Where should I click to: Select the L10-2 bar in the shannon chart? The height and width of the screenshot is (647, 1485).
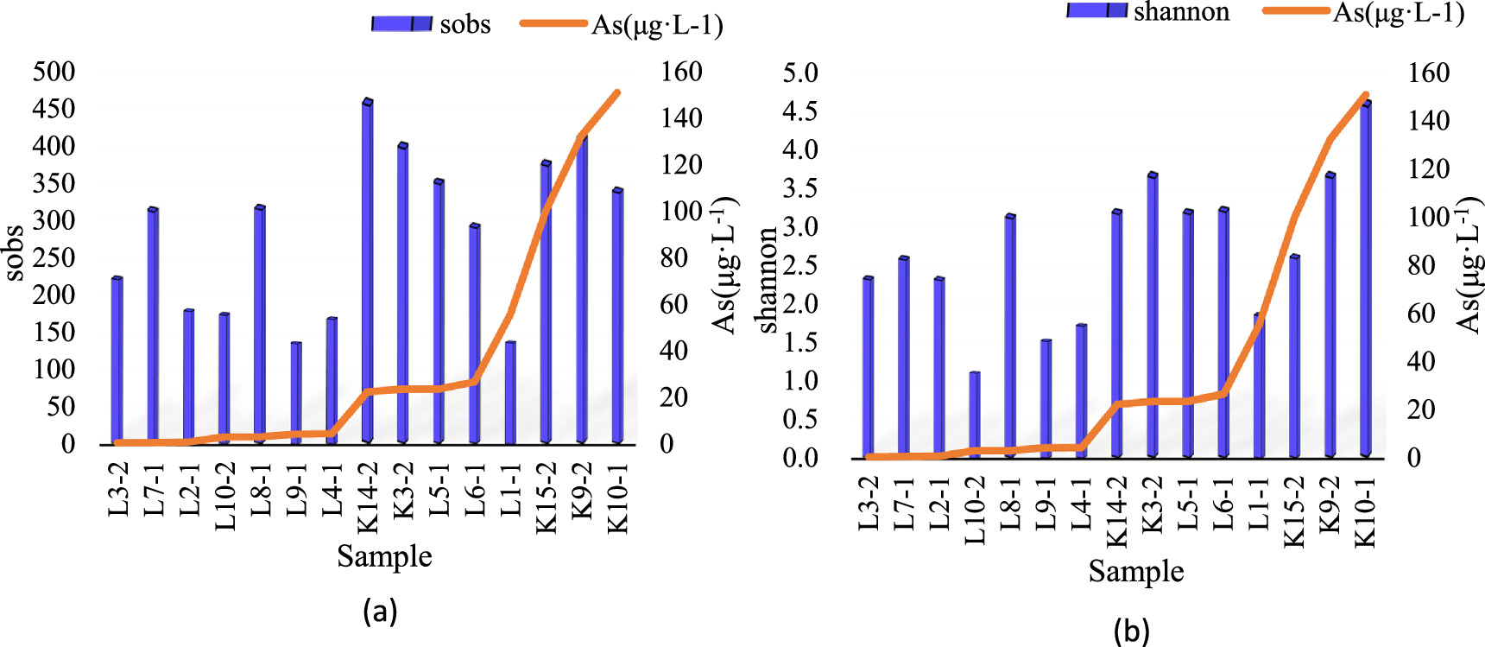click(974, 415)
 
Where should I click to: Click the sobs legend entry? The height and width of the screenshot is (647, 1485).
click(431, 23)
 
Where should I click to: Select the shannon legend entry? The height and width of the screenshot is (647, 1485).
click(1147, 11)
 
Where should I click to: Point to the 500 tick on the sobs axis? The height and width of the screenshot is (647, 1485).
click(54, 72)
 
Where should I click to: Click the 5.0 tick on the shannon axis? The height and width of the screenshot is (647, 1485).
click(800, 73)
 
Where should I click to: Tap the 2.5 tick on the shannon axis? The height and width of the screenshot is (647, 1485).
click(800, 265)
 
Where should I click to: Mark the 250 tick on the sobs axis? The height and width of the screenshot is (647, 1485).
click(54, 257)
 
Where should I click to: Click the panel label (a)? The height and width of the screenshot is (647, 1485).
click(381, 611)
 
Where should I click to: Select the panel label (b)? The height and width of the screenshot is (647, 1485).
click(1131, 631)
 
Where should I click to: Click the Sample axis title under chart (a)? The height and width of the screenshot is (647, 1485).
click(384, 556)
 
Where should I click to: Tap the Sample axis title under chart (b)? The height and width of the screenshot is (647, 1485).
click(1135, 571)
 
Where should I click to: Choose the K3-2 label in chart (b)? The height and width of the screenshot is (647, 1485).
click(1152, 511)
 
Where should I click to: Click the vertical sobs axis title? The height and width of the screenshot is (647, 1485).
click(15, 252)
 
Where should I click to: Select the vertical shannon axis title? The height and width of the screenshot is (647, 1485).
click(767, 280)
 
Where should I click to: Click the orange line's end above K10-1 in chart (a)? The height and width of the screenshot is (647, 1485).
click(617, 92)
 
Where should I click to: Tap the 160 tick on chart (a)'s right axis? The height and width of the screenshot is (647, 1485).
click(681, 72)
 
